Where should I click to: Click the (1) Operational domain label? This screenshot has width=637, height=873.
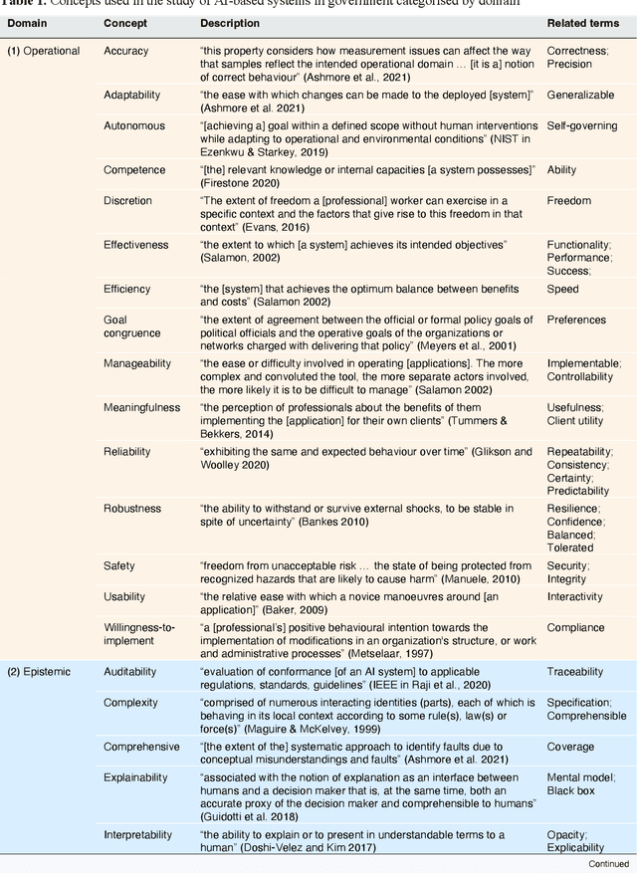pos(44,51)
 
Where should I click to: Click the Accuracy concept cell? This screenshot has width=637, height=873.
pos(126,51)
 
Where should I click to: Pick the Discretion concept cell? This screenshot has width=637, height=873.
pos(128,201)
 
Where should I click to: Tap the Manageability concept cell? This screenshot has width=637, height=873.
pos(137,363)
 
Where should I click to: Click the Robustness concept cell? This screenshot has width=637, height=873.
pos(131,509)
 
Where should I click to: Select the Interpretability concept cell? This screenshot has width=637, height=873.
pos(138,835)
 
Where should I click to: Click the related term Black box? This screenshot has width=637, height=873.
pos(570,790)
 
